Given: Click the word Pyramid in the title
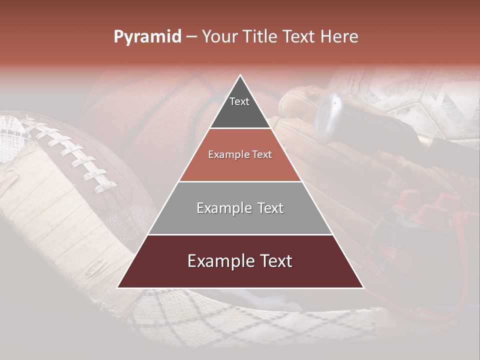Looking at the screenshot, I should pyautogui.click(x=147, y=37).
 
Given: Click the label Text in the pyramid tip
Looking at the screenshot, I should pyautogui.click(x=239, y=101).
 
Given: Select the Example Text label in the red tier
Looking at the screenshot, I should pyautogui.click(x=240, y=154).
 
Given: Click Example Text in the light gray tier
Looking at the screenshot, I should pyautogui.click(x=240, y=208).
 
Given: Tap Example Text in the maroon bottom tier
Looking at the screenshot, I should pyautogui.click(x=240, y=261).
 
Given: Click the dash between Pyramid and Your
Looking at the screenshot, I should pyautogui.click(x=191, y=37).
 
